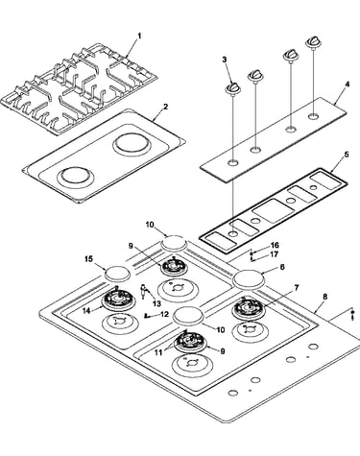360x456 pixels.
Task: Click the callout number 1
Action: [x=139, y=36]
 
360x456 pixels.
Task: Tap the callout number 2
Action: [x=165, y=107]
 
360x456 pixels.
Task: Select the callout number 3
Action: [x=225, y=60]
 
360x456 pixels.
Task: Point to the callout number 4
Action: [x=348, y=84]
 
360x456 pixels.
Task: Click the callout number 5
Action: [x=347, y=155]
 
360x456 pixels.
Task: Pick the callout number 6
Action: [x=282, y=267]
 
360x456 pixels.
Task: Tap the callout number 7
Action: [x=297, y=288]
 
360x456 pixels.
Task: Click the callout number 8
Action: [x=325, y=297]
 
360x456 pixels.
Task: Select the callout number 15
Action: [x=89, y=259]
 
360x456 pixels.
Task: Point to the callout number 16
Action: [x=275, y=246]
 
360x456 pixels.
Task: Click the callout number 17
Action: [x=274, y=254]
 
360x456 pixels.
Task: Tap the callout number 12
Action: [x=164, y=314]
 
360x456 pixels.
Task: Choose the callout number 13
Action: [x=156, y=303]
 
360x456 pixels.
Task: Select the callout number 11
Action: [x=159, y=352]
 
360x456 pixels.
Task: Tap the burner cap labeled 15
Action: [x=118, y=274]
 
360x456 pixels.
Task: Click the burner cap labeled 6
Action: [x=250, y=278]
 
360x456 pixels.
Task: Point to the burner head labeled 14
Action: [x=118, y=299]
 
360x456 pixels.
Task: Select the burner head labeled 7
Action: [x=250, y=308]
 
